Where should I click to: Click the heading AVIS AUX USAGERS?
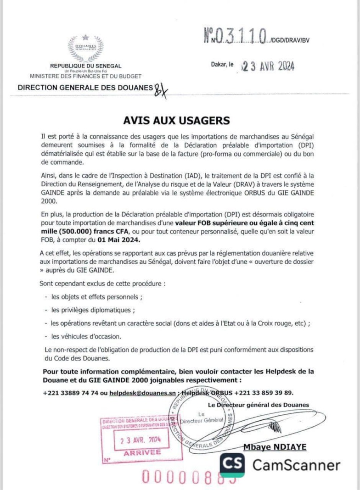(x=180, y=120)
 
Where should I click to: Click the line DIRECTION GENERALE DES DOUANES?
(x=85, y=87)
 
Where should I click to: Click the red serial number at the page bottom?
(x=189, y=477)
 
